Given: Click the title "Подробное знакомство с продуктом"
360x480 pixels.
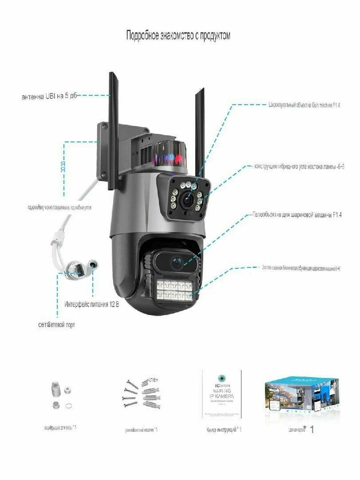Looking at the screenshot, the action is (x=178, y=36).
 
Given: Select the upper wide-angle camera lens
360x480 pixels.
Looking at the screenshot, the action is (x=186, y=200).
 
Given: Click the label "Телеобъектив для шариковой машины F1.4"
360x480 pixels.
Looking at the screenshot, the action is (x=297, y=215).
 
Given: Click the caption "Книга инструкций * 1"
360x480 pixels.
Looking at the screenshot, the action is (x=224, y=430).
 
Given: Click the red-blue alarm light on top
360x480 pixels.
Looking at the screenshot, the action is (x=168, y=154).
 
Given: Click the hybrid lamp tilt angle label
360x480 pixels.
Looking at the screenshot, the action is (x=299, y=166).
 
